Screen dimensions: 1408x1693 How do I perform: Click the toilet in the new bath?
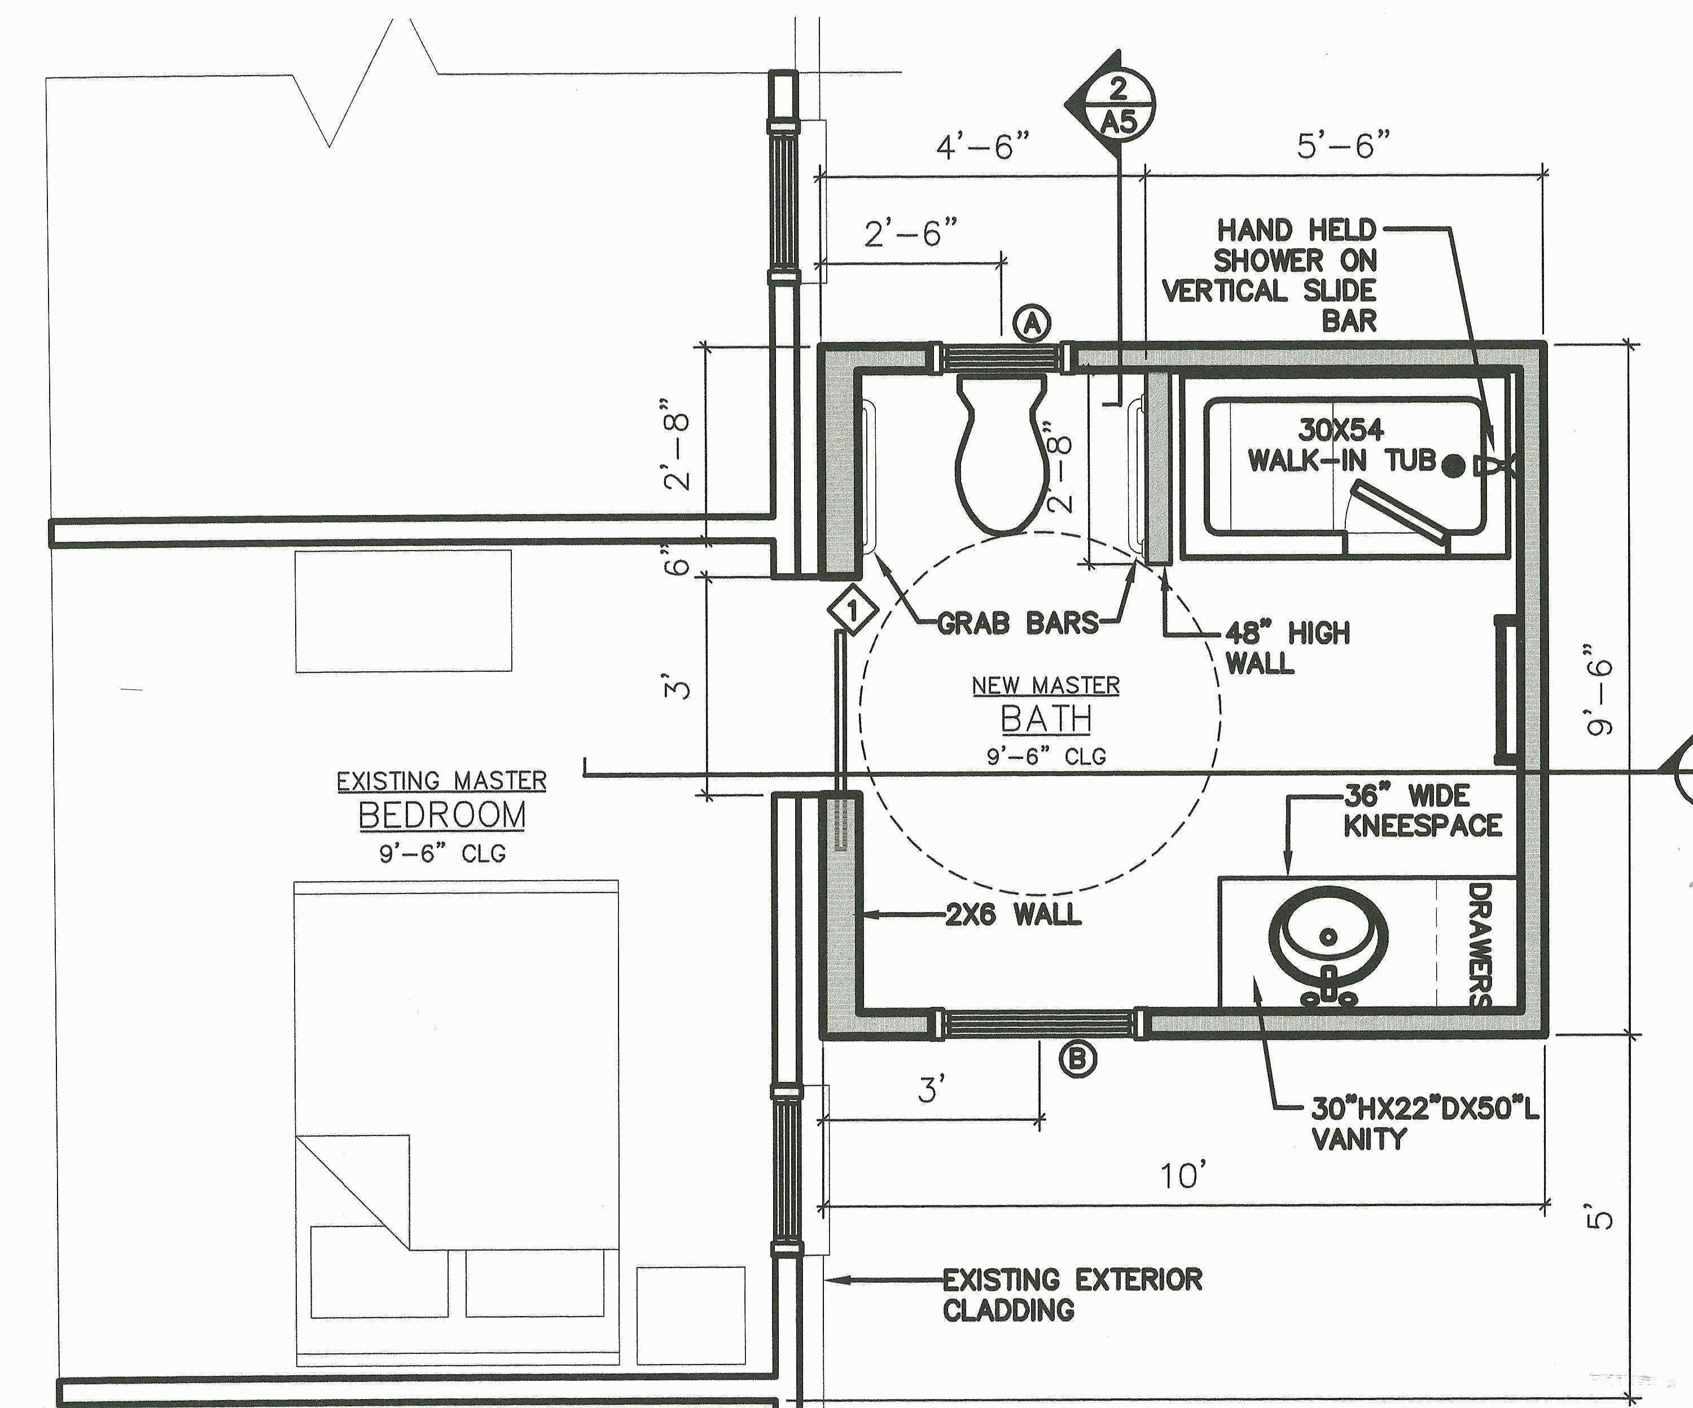click(x=1002, y=459)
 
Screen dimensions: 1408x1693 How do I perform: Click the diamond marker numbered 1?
click(x=853, y=610)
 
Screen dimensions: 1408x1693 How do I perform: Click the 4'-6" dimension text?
click(x=983, y=147)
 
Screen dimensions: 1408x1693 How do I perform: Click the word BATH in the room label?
click(x=1046, y=719)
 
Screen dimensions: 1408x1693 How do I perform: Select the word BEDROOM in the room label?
click(x=442, y=815)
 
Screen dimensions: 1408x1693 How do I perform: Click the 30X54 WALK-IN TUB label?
click(x=1341, y=445)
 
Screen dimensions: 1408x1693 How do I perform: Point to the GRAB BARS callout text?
click(x=1017, y=623)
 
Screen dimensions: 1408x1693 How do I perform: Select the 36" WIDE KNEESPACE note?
click(x=1422, y=811)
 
